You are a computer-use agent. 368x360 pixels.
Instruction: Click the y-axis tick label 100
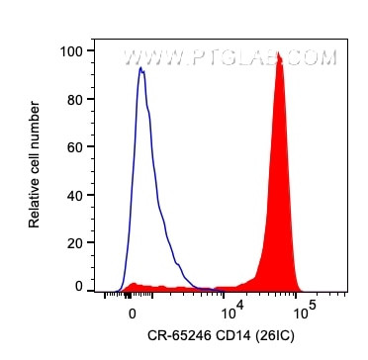click(73, 49)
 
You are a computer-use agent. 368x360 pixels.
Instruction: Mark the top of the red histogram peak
click(279, 54)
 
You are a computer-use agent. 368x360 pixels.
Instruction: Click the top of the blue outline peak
click(141, 69)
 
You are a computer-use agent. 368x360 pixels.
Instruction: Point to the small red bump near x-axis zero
click(133, 286)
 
